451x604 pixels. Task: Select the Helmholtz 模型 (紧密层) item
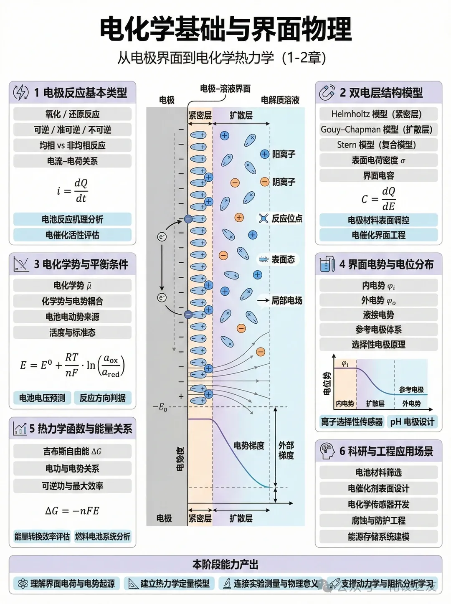[378, 114]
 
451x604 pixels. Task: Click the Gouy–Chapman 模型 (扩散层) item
[378, 129]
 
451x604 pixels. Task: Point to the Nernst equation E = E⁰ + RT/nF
[72, 365]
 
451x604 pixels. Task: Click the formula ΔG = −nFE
[72, 511]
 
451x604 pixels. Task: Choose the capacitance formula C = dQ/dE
[378, 198]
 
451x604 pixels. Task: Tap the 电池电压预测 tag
[42, 398]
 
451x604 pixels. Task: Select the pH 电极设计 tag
[412, 422]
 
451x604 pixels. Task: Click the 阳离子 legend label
[284, 154]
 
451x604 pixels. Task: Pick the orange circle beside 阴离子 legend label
[264, 182]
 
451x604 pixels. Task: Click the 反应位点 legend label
[287, 218]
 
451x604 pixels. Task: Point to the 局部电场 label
[287, 300]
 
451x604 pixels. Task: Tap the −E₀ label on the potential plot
[160, 407]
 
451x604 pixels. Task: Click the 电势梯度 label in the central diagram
[249, 446]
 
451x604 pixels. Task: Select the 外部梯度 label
[286, 450]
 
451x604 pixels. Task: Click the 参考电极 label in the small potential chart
[411, 390]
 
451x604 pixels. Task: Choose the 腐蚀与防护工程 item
[378, 520]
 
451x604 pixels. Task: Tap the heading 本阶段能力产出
[225, 565]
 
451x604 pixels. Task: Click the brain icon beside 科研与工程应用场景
[327, 451]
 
